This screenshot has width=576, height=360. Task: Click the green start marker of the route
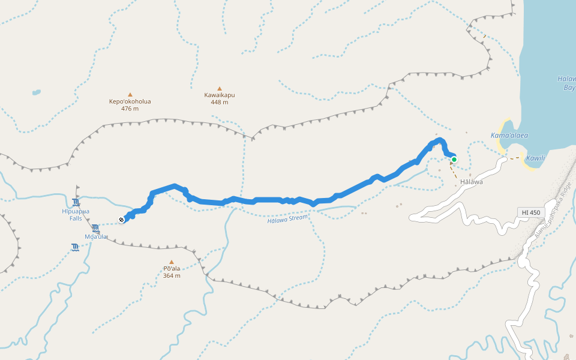(x=454, y=159)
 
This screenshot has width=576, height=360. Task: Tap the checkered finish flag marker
(x=122, y=220)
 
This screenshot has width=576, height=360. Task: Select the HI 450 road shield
(x=530, y=212)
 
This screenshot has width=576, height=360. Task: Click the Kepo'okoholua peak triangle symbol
(x=130, y=94)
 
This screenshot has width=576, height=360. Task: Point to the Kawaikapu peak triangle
(x=220, y=88)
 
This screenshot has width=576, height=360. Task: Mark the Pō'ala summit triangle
(x=171, y=262)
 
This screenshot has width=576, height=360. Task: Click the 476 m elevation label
(x=130, y=109)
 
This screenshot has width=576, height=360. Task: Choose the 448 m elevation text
(x=220, y=102)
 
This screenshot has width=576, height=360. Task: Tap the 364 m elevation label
(x=172, y=275)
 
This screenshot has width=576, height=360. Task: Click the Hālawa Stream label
(x=287, y=219)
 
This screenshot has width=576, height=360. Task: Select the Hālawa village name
(x=471, y=181)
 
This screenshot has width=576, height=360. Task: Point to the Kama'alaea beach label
(x=509, y=136)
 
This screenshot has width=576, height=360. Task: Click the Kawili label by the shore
(x=535, y=158)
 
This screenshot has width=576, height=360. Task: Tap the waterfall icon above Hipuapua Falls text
(x=76, y=202)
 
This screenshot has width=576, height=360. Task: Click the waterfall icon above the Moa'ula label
(x=96, y=227)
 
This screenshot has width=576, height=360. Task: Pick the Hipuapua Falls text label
(x=76, y=215)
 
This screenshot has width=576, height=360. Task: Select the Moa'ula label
(x=96, y=236)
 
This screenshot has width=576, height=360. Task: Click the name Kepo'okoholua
(x=130, y=101)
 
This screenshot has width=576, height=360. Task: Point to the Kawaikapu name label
(x=220, y=95)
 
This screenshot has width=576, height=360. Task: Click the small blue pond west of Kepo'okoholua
(x=37, y=92)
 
